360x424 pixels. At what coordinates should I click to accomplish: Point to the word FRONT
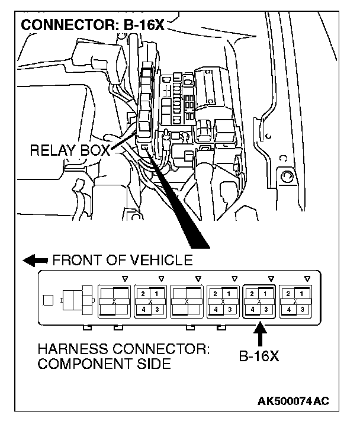(76, 260)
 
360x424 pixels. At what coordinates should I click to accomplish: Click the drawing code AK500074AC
(292, 401)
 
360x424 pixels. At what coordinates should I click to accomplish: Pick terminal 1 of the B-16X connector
(266, 294)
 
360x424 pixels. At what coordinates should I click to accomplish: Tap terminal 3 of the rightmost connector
(303, 309)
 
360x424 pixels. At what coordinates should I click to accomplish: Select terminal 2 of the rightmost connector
(288, 294)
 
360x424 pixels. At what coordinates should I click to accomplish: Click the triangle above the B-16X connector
(271, 277)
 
